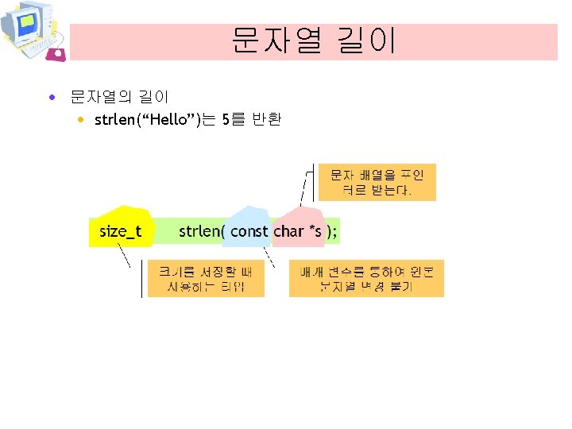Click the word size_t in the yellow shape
point(120,231)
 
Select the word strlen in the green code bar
point(199,231)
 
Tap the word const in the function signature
point(249,231)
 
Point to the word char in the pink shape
point(288,231)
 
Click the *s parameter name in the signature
point(315,231)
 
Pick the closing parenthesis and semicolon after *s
point(332,231)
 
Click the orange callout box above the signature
point(377,183)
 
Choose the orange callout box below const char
point(365,278)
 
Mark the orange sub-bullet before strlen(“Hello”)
point(82,120)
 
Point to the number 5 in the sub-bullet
point(226,120)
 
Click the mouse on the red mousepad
point(57,53)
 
